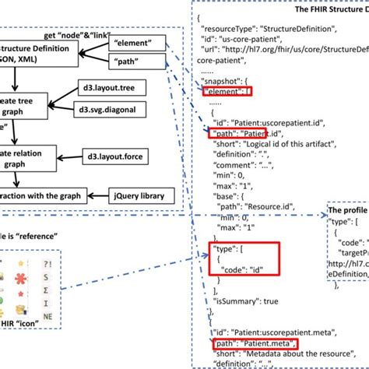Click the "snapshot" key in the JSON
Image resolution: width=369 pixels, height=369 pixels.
point(226,81)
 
